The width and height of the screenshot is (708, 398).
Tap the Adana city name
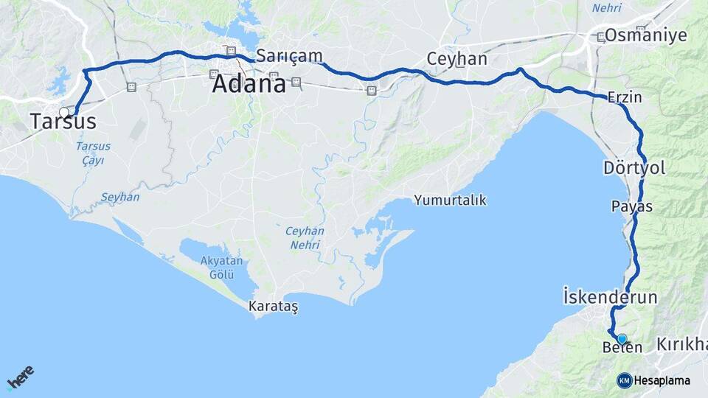[x=249, y=84]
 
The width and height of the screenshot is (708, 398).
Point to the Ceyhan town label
[x=457, y=59]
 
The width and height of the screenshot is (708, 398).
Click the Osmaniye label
[x=645, y=35]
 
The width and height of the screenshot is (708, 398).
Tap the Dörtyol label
[x=634, y=168]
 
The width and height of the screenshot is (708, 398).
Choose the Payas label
[x=632, y=206]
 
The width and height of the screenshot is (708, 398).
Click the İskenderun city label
[x=609, y=297]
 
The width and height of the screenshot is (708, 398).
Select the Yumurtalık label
[x=450, y=200]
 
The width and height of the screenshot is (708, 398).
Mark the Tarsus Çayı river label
[x=94, y=153]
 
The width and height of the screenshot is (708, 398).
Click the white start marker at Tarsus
[x=64, y=113]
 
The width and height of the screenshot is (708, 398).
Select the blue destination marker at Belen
[x=622, y=339]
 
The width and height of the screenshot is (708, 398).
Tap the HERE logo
[x=21, y=377]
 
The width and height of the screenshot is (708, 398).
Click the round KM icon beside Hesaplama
[x=624, y=380]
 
